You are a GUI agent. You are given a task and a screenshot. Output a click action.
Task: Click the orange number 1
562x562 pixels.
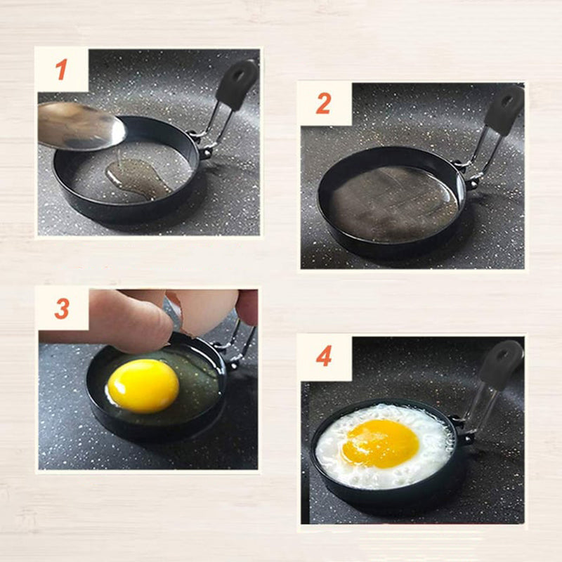click(62, 70)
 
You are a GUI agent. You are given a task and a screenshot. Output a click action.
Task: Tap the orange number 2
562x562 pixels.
click(324, 103)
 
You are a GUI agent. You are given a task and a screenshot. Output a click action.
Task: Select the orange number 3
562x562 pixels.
click(62, 308)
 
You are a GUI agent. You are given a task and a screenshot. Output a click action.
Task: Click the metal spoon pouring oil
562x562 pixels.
click(81, 126)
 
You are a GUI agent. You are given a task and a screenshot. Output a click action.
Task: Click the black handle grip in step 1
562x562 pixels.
click(237, 84)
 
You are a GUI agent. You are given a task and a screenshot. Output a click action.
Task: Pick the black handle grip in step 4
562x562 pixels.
click(501, 365)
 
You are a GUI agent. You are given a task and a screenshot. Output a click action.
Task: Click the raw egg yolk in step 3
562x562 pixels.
click(143, 386)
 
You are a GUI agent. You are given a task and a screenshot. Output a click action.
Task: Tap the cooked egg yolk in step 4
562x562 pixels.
click(380, 444)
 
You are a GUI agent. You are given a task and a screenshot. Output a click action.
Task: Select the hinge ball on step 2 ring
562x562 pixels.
click(471, 185)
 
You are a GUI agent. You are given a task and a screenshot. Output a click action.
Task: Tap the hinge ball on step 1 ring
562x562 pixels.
click(205, 153)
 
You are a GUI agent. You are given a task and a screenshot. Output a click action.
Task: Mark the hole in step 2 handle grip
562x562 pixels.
click(507, 101)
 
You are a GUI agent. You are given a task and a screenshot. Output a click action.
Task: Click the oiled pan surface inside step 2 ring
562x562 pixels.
click(393, 203)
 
